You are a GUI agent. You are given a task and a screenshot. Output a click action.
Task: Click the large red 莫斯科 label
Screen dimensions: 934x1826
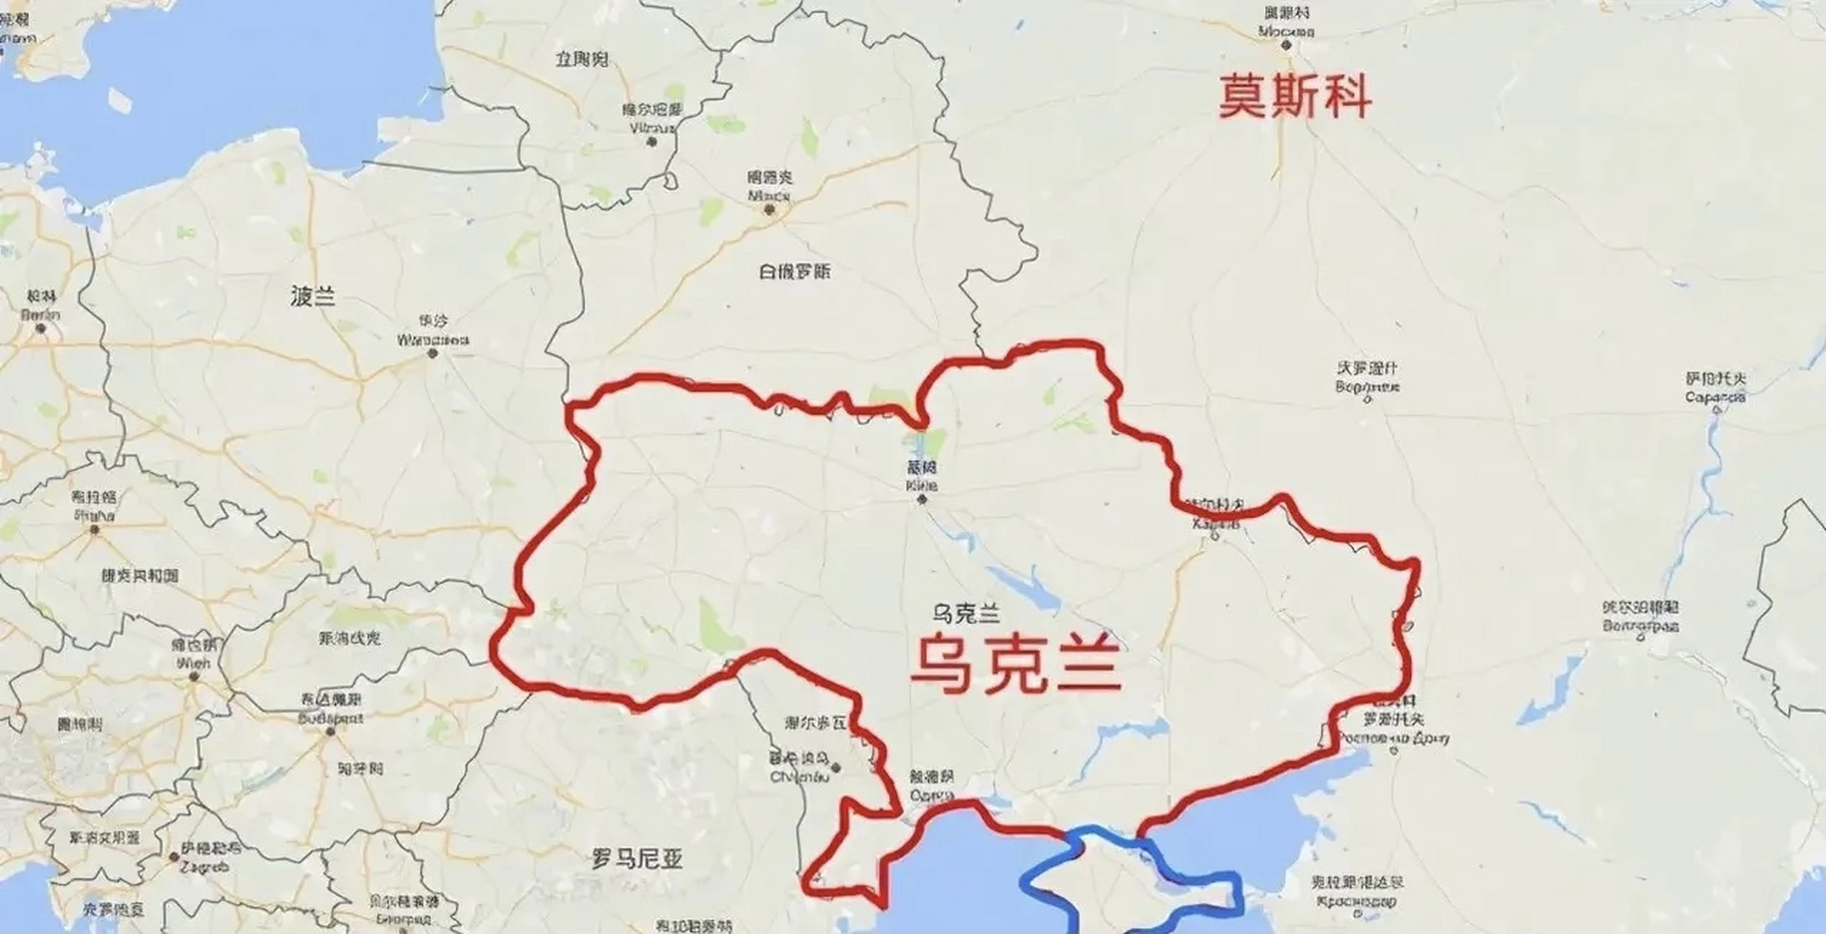(x=1295, y=98)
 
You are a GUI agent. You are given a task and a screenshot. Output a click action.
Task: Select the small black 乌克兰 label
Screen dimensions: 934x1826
(x=965, y=614)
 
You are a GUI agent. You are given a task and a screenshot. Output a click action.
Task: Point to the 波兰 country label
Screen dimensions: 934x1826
(x=312, y=296)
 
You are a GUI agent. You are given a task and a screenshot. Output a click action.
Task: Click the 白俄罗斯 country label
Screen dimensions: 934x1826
(x=794, y=272)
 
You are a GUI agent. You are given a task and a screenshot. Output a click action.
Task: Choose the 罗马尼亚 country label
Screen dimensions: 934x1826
(x=637, y=860)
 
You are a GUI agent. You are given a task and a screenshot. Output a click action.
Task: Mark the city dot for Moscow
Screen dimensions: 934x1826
(x=1287, y=45)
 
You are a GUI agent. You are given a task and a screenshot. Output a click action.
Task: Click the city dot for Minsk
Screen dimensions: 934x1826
(x=768, y=210)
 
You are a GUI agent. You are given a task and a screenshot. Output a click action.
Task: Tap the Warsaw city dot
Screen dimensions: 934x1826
(x=433, y=354)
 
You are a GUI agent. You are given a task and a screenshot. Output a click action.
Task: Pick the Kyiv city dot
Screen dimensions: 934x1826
(x=923, y=500)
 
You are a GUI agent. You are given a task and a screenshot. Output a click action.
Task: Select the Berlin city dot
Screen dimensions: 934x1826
(x=41, y=328)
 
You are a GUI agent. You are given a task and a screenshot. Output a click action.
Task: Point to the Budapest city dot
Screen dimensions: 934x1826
(x=330, y=731)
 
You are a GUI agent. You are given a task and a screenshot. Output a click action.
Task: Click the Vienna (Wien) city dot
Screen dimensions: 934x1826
(x=193, y=676)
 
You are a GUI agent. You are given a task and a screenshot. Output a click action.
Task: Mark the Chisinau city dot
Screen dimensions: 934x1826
(x=837, y=768)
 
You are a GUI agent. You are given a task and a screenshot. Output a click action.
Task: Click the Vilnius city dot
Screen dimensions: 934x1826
(x=652, y=141)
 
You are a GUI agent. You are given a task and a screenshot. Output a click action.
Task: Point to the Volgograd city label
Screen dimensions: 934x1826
(x=1641, y=617)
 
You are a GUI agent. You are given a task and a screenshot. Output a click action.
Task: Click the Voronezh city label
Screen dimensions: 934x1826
(x=1368, y=378)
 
